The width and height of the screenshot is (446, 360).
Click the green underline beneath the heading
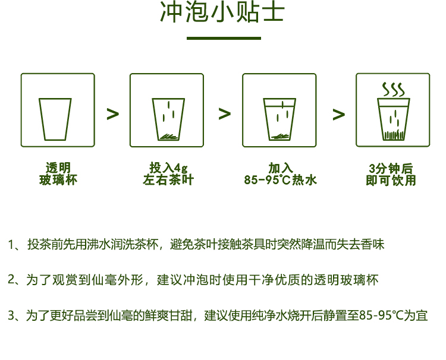[224, 38]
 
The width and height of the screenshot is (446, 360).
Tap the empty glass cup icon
[58, 110]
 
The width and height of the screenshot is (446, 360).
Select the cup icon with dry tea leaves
[167, 110]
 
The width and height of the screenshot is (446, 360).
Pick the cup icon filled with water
[279, 110]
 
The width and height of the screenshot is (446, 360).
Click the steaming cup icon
[392, 110]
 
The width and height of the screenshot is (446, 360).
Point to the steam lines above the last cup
[392, 90]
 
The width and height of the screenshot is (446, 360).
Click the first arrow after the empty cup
[112, 114]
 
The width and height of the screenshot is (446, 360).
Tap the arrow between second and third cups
[224, 114]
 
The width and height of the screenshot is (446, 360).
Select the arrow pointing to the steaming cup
[338, 114]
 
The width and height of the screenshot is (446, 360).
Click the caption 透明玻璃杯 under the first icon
[58, 173]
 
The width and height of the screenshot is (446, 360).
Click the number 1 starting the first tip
[11, 245]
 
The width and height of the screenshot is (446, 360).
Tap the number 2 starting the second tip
[11, 280]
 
